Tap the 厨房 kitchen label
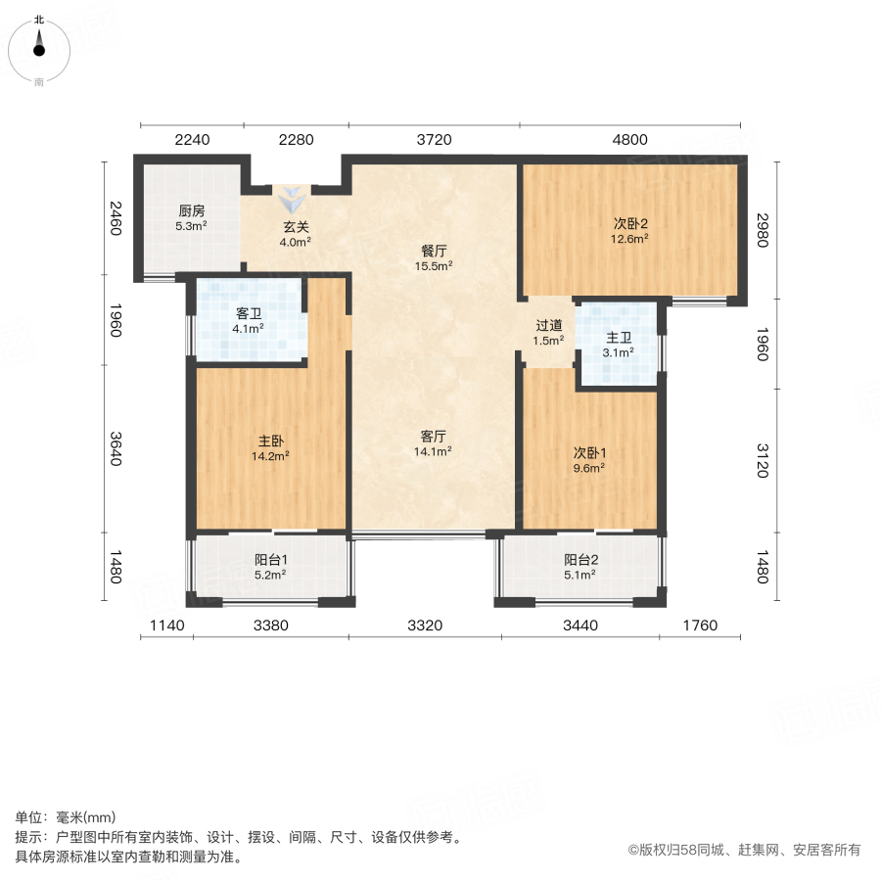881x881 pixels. pyautogui.click(x=191, y=210)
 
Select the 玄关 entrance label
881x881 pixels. pyautogui.click(x=297, y=227)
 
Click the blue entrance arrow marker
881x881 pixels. pyautogui.click(x=293, y=201)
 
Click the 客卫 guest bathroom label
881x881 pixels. pyautogui.click(x=249, y=314)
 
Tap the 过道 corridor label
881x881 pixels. pyautogui.click(x=548, y=326)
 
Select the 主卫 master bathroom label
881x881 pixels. pyautogui.click(x=618, y=337)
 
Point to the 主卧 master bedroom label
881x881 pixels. pyautogui.click(x=270, y=440)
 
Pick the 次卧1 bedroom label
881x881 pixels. pyautogui.click(x=589, y=452)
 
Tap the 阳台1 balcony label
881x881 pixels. pyautogui.click(x=270, y=560)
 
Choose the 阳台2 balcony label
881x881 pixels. pyautogui.click(x=580, y=560)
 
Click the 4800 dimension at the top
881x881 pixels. pyautogui.click(x=630, y=140)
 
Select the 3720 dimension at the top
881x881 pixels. pyautogui.click(x=434, y=140)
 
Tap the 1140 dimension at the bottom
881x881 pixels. pyautogui.click(x=166, y=626)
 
